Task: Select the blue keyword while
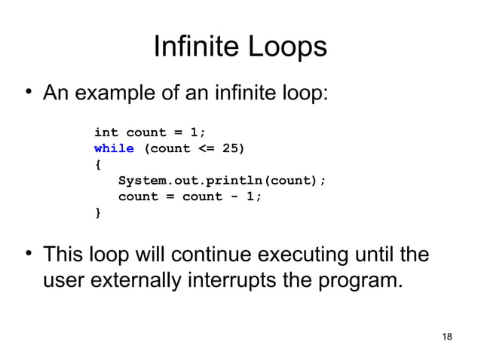[114, 148]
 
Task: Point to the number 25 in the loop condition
[232, 148]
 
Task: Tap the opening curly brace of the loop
[97, 164]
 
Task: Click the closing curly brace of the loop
[97, 213]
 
